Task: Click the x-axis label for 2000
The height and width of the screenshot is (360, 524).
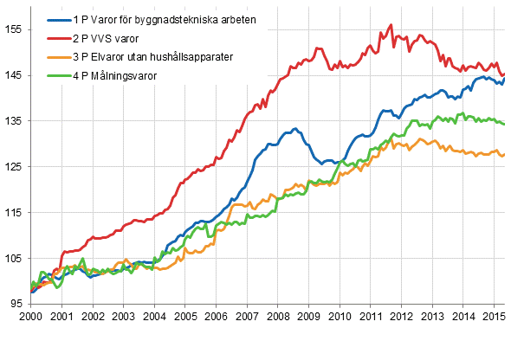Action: point(30,318)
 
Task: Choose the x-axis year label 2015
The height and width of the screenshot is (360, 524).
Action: point(493,318)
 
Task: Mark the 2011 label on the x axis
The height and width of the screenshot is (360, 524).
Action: point(370,318)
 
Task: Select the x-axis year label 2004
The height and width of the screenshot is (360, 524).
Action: point(154,318)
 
